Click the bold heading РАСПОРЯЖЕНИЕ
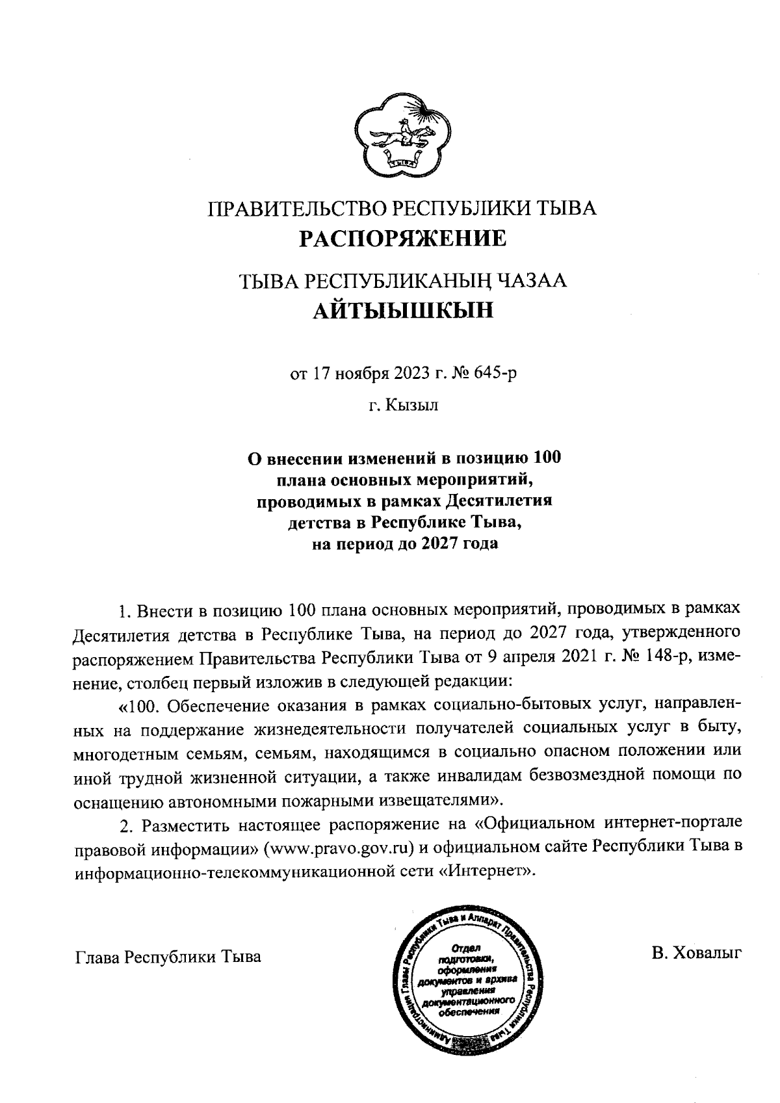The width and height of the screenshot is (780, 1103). point(402,239)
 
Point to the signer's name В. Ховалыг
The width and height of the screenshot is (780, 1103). point(697,953)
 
